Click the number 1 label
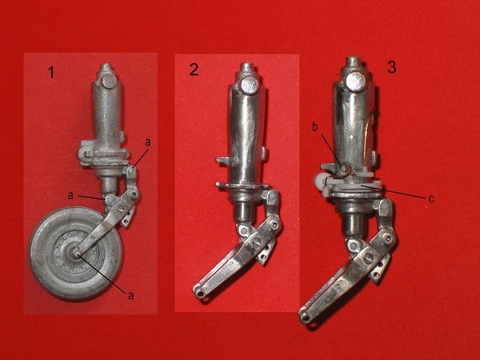tap(52, 72)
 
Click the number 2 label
tap(193, 69)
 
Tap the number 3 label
tap(391, 67)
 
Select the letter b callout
tap(315, 127)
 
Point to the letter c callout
tap(431, 199)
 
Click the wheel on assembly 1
tap(76, 254)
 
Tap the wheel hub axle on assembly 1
tap(76, 253)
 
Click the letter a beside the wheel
tap(131, 296)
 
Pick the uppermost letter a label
tap(148, 142)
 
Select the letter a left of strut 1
tap(70, 195)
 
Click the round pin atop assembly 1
tap(109, 82)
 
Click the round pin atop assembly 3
tap(355, 81)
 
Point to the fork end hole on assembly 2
tap(200, 293)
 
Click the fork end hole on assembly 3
tap(306, 319)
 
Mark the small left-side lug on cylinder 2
tap(222, 160)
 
